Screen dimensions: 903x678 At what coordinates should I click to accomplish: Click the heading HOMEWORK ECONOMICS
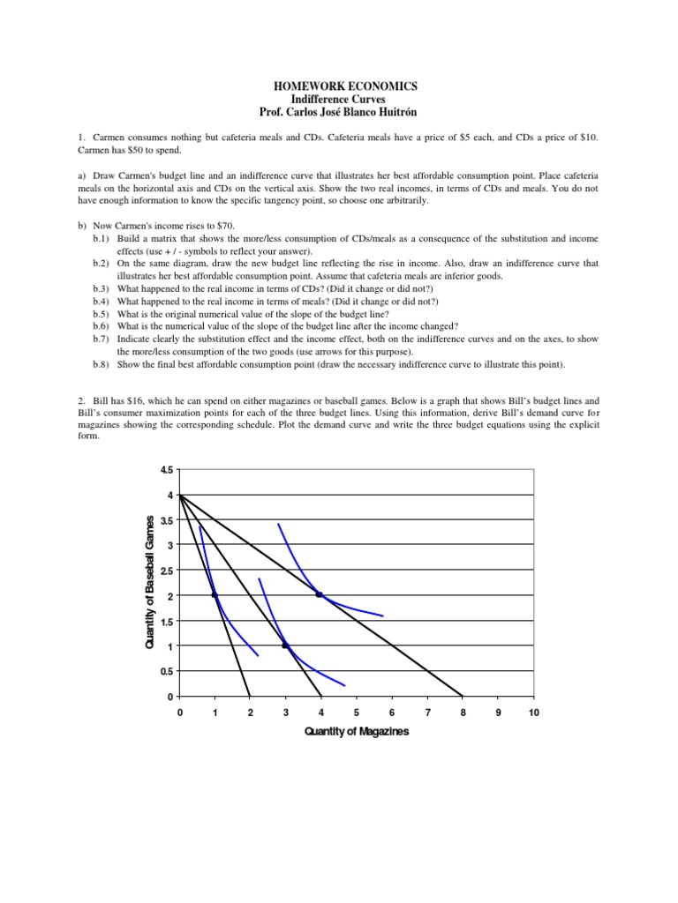point(339,86)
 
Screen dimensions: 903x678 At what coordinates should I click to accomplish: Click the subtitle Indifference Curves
point(339,99)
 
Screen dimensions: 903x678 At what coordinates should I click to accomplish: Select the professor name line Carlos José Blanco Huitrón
point(339,112)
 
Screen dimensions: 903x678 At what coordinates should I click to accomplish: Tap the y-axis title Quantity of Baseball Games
point(151,583)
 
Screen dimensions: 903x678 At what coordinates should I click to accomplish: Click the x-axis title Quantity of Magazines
point(357,732)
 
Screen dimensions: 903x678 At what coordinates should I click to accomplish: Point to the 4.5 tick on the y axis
point(167,470)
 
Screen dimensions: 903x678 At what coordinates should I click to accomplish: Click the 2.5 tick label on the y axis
point(167,571)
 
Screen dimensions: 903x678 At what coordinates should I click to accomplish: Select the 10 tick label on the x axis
point(533,712)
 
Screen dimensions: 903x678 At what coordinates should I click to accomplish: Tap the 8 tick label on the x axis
point(463,712)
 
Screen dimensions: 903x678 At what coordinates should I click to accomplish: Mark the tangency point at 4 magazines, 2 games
point(320,595)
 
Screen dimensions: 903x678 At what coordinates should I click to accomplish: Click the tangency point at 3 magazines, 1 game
point(285,646)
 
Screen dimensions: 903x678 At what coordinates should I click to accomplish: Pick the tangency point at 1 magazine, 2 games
point(215,595)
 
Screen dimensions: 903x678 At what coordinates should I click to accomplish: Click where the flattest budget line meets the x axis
point(463,696)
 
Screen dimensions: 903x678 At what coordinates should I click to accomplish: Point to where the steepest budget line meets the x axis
point(250,696)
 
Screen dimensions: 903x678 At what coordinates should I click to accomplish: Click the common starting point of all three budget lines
point(180,496)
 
